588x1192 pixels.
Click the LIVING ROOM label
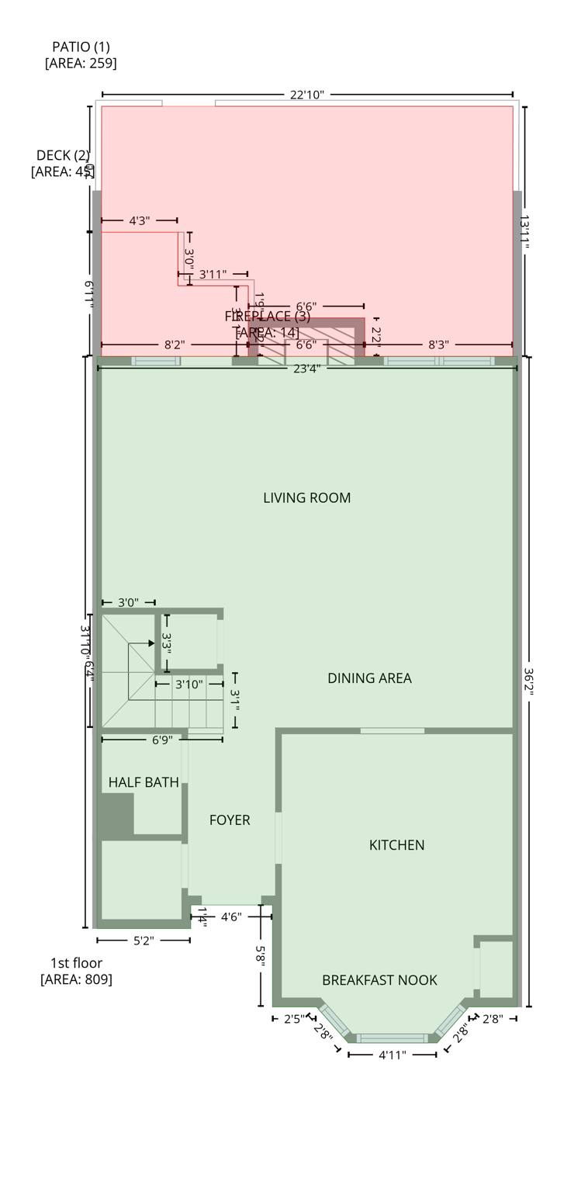click(x=306, y=497)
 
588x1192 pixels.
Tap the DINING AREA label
click(x=369, y=677)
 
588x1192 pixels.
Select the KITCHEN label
click(x=396, y=844)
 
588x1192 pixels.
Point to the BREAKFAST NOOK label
click(x=379, y=980)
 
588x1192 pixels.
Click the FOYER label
click(x=230, y=819)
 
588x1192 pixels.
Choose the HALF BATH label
click(x=144, y=782)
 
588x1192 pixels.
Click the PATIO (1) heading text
click(x=81, y=47)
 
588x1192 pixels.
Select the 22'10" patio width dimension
click(x=307, y=95)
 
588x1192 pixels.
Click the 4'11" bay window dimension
click(x=393, y=1055)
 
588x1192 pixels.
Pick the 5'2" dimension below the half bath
click(x=144, y=941)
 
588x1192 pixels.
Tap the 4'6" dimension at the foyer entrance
click(x=231, y=917)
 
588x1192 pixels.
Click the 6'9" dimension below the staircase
click(x=161, y=740)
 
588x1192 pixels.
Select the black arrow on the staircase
click(x=151, y=643)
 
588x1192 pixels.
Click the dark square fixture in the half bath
click(x=116, y=814)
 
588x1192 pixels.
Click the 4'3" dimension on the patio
click(x=139, y=221)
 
